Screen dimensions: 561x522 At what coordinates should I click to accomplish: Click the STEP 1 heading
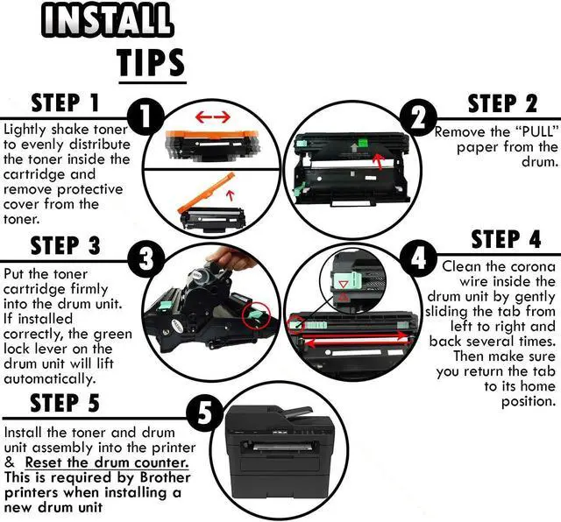click(65, 103)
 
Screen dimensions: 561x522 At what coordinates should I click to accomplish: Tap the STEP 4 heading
click(506, 239)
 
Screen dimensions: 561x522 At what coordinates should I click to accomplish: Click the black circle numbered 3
click(146, 258)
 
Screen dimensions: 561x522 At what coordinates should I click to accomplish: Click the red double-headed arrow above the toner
click(213, 116)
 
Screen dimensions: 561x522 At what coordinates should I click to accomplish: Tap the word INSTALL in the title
click(107, 19)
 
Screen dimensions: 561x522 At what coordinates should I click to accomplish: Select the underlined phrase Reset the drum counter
click(107, 462)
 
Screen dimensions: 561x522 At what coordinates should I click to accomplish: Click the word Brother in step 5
click(165, 477)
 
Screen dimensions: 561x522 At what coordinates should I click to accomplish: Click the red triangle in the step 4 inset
click(343, 297)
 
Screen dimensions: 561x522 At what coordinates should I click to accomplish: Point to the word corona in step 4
click(533, 267)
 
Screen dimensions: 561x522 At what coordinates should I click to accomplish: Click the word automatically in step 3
click(50, 378)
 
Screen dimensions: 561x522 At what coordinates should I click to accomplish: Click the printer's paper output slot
click(279, 446)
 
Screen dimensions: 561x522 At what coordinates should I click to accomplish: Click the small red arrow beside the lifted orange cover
click(231, 194)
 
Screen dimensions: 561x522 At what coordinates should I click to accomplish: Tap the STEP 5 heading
click(65, 403)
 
